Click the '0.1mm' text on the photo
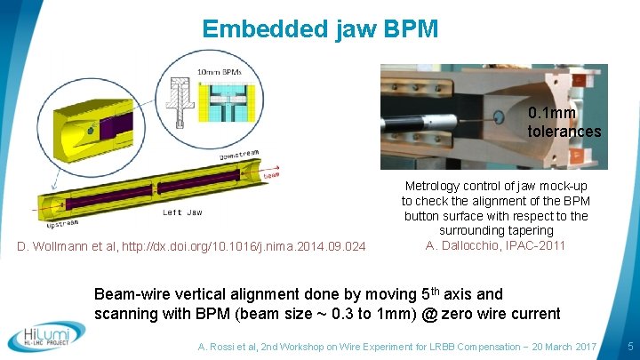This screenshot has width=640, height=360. [x=551, y=114]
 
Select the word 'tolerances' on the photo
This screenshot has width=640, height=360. [x=564, y=132]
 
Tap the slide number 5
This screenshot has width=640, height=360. [x=629, y=344]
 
